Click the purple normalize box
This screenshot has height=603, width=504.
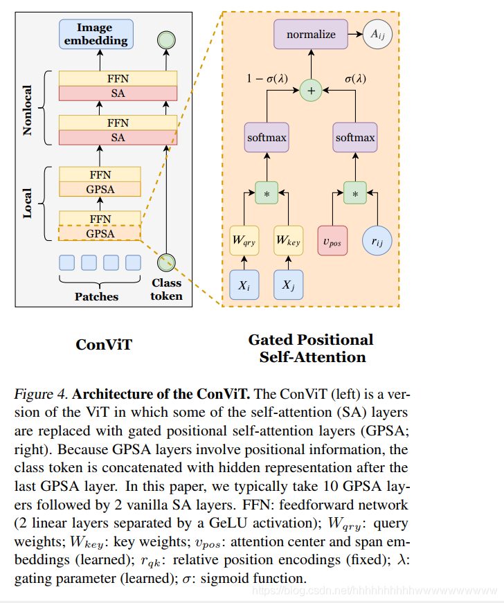click(311, 35)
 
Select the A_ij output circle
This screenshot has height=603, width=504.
click(377, 35)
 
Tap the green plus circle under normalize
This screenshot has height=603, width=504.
click(311, 90)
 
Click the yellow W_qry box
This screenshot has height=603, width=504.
click(244, 240)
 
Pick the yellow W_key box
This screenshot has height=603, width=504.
click(289, 240)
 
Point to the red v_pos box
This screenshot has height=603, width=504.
click(332, 240)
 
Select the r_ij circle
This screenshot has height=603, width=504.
click(377, 240)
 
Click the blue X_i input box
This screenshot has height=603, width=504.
click(244, 285)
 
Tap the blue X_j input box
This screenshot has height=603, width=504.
click(289, 285)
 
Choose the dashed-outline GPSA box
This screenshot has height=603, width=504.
click(100, 233)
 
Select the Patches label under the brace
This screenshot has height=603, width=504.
click(96, 296)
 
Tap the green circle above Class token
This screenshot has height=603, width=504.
click(166, 262)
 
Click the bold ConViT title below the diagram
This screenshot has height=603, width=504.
click(104, 344)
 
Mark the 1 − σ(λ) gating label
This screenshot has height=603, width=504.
click(267, 78)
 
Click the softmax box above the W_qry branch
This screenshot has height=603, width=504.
click(267, 138)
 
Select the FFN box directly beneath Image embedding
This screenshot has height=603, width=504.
click(118, 78)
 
